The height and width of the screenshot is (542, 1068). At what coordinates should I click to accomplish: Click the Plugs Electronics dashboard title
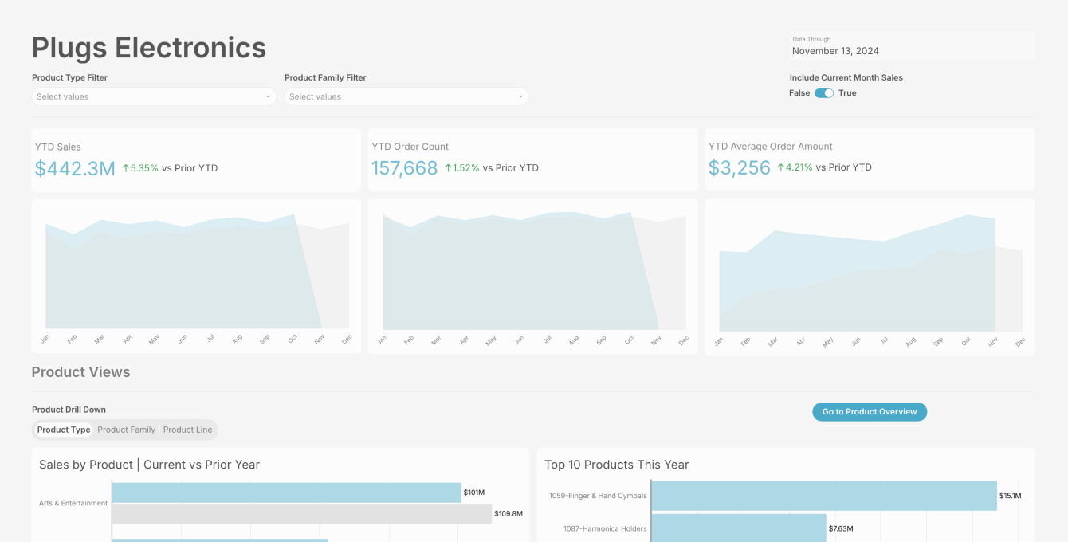pyautogui.click(x=149, y=48)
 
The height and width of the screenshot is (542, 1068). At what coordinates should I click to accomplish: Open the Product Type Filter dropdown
pyautogui.click(x=154, y=96)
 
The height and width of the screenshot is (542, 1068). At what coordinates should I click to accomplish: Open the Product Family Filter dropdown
pyautogui.click(x=406, y=96)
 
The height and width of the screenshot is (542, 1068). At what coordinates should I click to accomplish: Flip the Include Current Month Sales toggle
pyautogui.click(x=824, y=93)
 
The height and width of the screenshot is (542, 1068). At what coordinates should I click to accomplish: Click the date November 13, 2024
pyautogui.click(x=835, y=51)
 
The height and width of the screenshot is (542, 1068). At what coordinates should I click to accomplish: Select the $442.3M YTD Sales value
pyautogui.click(x=75, y=168)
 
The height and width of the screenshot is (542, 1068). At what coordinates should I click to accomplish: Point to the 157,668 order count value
pyautogui.click(x=404, y=168)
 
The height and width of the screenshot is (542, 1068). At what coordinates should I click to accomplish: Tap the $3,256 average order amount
pyautogui.click(x=739, y=167)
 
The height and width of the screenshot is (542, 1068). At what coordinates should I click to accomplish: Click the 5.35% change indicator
pyautogui.click(x=140, y=168)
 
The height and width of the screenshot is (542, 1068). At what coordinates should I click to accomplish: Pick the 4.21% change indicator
pyautogui.click(x=795, y=167)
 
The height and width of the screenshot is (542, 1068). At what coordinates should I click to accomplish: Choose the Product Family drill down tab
pyautogui.click(x=127, y=430)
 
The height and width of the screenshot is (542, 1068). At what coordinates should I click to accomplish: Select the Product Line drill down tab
pyautogui.click(x=187, y=430)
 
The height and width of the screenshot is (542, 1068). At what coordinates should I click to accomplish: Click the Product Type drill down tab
pyautogui.click(x=64, y=430)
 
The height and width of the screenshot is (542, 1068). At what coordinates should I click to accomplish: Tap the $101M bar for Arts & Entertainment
pyautogui.click(x=287, y=493)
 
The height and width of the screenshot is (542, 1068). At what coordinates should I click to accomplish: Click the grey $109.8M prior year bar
pyautogui.click(x=302, y=514)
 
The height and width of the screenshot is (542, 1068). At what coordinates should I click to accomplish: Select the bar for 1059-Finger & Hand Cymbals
pyautogui.click(x=824, y=496)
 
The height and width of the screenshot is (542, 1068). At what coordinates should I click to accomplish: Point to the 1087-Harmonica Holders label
pyautogui.click(x=605, y=528)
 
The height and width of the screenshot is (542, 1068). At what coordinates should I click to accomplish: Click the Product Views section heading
pyautogui.click(x=80, y=371)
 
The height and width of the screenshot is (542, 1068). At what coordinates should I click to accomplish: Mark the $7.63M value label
pyautogui.click(x=841, y=528)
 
